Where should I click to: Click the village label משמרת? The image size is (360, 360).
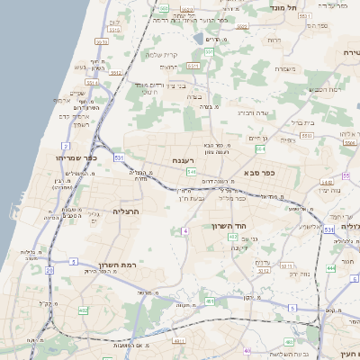point(286,69)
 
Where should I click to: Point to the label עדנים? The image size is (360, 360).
point(263,262)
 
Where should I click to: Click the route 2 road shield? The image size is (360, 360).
point(66,145)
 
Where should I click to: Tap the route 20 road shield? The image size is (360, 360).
point(49,269)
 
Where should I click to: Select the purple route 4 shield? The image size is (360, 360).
point(184,231)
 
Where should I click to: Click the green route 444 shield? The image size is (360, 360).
point(330,268)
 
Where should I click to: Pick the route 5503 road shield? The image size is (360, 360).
point(307,135)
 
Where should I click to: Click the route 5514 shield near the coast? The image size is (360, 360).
point(101,40)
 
